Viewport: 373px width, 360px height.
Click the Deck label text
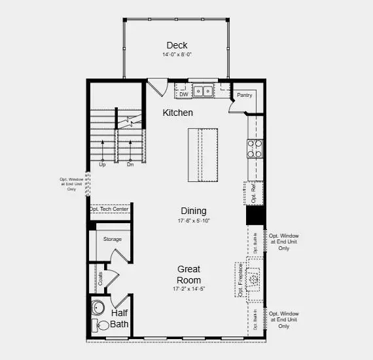click(x=177, y=45)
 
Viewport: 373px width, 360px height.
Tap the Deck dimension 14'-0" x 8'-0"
click(x=177, y=55)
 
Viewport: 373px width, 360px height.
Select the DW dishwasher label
click(x=185, y=94)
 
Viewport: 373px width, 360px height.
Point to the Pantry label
click(x=244, y=95)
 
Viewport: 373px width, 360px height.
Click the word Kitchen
click(x=178, y=113)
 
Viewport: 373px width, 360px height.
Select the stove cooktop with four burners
click(x=255, y=149)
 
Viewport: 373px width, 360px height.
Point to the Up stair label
click(x=102, y=164)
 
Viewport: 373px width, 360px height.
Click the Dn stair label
click(x=130, y=164)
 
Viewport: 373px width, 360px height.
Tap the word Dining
click(x=193, y=211)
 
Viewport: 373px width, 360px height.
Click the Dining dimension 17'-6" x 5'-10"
click(x=193, y=221)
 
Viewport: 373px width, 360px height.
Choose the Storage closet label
click(x=112, y=239)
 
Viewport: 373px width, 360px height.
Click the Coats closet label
click(x=100, y=278)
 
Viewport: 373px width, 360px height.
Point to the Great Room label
click(x=188, y=274)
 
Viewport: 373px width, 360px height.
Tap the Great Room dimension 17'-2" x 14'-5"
click(x=188, y=289)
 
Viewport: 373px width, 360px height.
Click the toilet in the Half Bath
click(x=103, y=325)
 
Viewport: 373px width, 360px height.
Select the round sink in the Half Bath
click(x=99, y=308)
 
